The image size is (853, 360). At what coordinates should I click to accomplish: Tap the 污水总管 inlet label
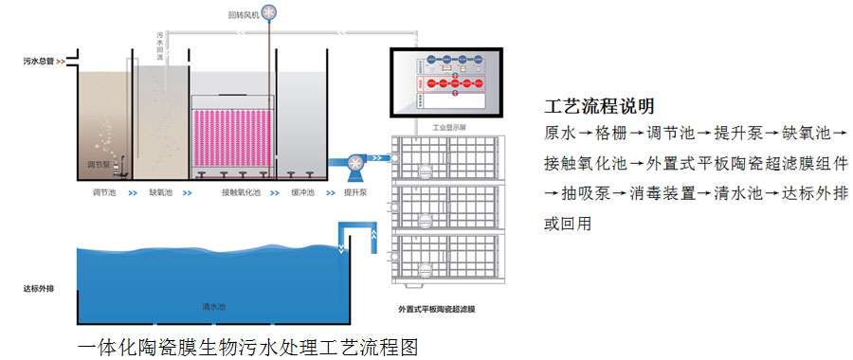point(40,62)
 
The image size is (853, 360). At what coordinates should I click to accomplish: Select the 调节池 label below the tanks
point(103,192)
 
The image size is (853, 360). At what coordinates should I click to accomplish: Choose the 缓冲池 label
point(302,192)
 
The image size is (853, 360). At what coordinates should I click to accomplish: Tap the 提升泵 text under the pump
point(356,192)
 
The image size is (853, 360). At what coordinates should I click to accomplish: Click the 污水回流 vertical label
point(160,47)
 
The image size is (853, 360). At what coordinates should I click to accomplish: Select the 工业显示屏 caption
point(451,126)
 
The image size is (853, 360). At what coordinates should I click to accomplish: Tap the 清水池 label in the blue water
point(213,307)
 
